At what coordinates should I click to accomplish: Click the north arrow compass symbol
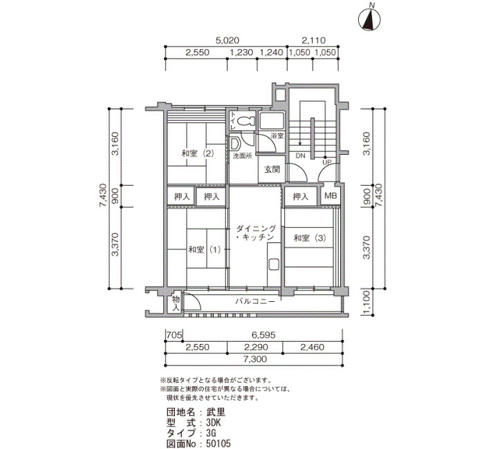369,19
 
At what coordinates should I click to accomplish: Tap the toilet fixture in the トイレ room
245,121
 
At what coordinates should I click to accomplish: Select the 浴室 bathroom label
277,135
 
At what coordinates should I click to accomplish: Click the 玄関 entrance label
272,169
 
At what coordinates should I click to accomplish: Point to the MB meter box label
331,195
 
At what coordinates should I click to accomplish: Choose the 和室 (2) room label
198,153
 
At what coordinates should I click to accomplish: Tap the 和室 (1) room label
205,249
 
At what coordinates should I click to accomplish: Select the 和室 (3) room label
310,238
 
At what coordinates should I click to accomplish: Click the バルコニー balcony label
255,301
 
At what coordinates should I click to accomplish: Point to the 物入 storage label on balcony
176,303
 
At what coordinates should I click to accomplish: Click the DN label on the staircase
300,155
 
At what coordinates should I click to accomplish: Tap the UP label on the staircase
326,162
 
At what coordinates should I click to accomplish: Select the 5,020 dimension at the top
227,40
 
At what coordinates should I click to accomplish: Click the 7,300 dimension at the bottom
255,359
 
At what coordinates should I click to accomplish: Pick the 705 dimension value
174,334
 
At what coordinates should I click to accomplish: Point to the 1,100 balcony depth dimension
366,303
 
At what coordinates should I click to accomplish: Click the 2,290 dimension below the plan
256,347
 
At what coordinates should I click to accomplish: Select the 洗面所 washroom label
242,156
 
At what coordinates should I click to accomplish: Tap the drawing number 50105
218,443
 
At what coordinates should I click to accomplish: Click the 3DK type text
213,422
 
